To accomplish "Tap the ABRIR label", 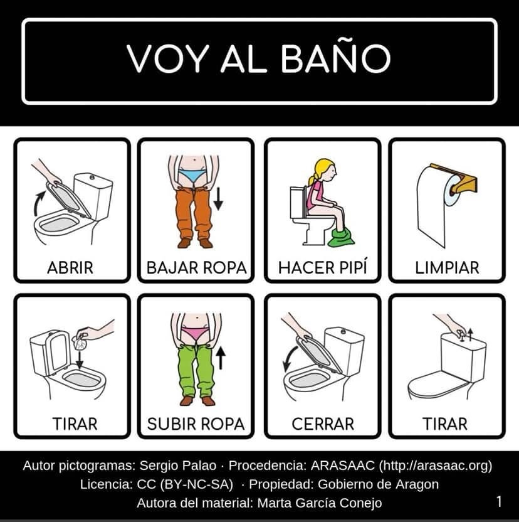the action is (x=70, y=268).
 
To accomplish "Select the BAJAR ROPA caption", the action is (x=196, y=268).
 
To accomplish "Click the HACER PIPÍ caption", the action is (x=323, y=267).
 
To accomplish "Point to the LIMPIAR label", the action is (x=447, y=268).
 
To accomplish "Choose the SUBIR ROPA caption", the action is (x=196, y=423).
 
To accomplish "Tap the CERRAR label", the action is (x=323, y=423).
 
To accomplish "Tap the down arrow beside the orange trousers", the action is (x=218, y=199).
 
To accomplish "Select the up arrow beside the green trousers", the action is (x=221, y=358).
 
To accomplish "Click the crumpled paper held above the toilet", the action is (x=79, y=341).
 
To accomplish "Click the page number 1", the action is (x=499, y=501).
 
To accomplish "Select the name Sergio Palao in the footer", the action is (x=177, y=466).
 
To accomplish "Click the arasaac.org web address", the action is (x=436, y=466).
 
